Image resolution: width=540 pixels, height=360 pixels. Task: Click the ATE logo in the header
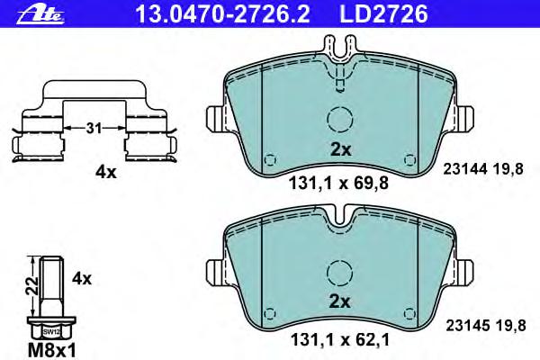[40, 14]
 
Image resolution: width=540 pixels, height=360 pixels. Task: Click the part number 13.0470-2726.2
[223, 14]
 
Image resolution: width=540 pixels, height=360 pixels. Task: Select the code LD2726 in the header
[384, 14]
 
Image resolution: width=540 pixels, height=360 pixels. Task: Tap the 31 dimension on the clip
[94, 128]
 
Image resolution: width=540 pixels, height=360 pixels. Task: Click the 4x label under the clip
[106, 172]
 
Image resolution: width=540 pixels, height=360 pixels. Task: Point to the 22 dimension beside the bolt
[33, 284]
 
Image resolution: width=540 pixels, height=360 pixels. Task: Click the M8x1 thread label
[52, 350]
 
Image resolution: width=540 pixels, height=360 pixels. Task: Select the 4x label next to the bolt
[82, 278]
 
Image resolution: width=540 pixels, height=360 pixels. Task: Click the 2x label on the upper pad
[340, 149]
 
